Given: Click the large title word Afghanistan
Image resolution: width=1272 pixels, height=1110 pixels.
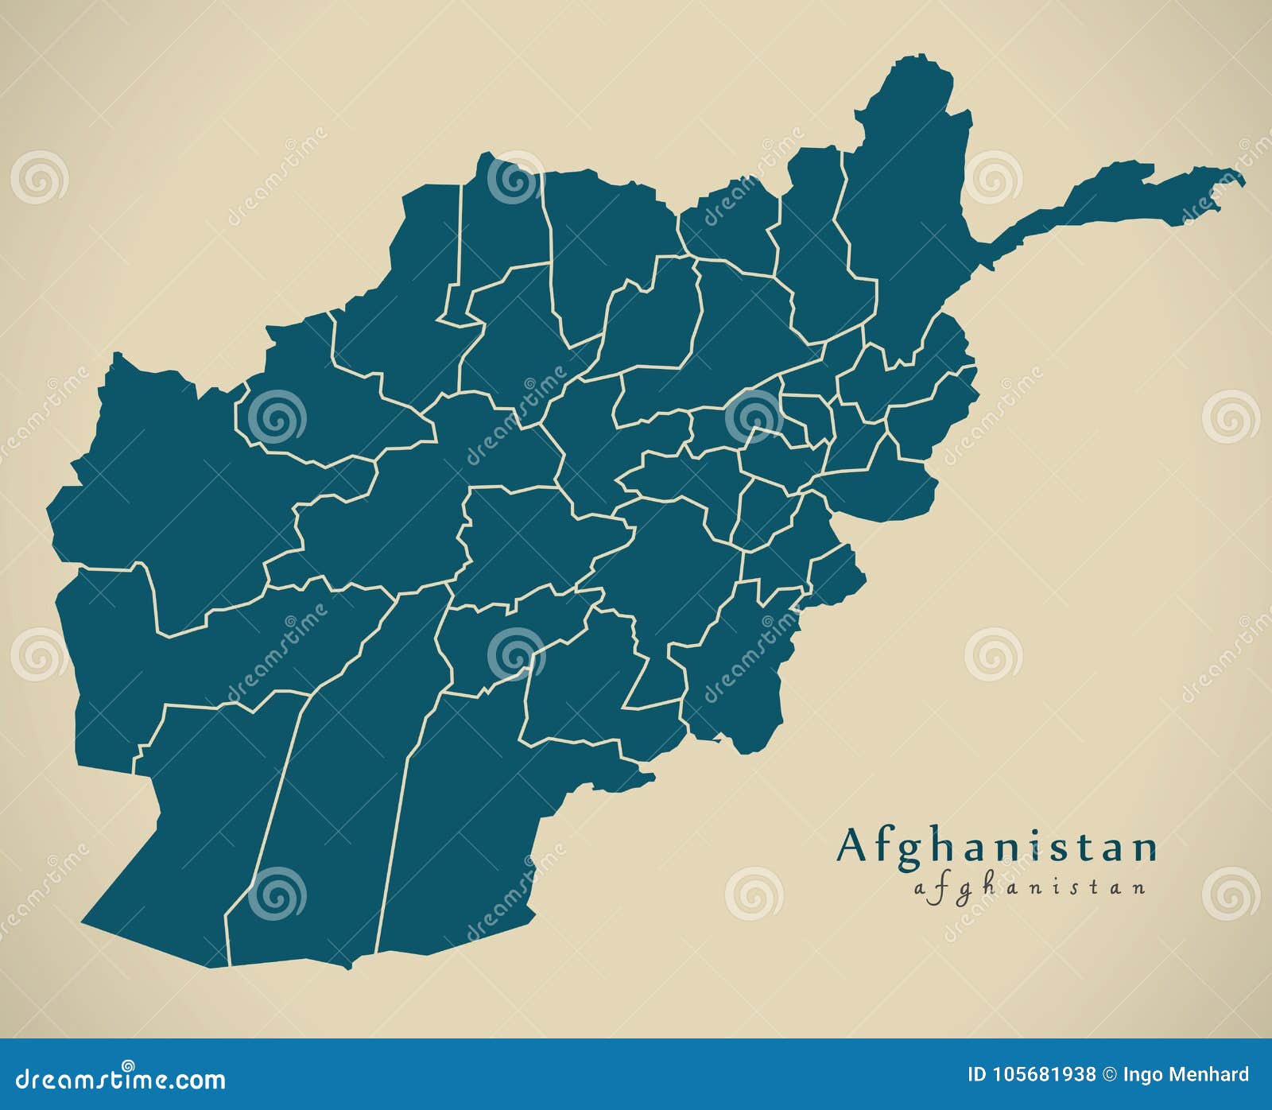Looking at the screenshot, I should [x=996, y=846].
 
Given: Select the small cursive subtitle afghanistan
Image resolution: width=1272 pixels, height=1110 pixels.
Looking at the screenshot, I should [x=1030, y=887].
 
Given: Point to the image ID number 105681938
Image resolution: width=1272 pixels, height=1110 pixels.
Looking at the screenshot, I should [x=1044, y=1075].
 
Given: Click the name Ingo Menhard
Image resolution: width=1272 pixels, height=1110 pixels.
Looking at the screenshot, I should [x=1185, y=1075].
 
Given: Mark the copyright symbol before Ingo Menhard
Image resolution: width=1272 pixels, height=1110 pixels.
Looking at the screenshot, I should [x=1109, y=1075].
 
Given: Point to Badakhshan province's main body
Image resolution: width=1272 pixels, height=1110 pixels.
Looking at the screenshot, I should [x=906, y=199].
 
